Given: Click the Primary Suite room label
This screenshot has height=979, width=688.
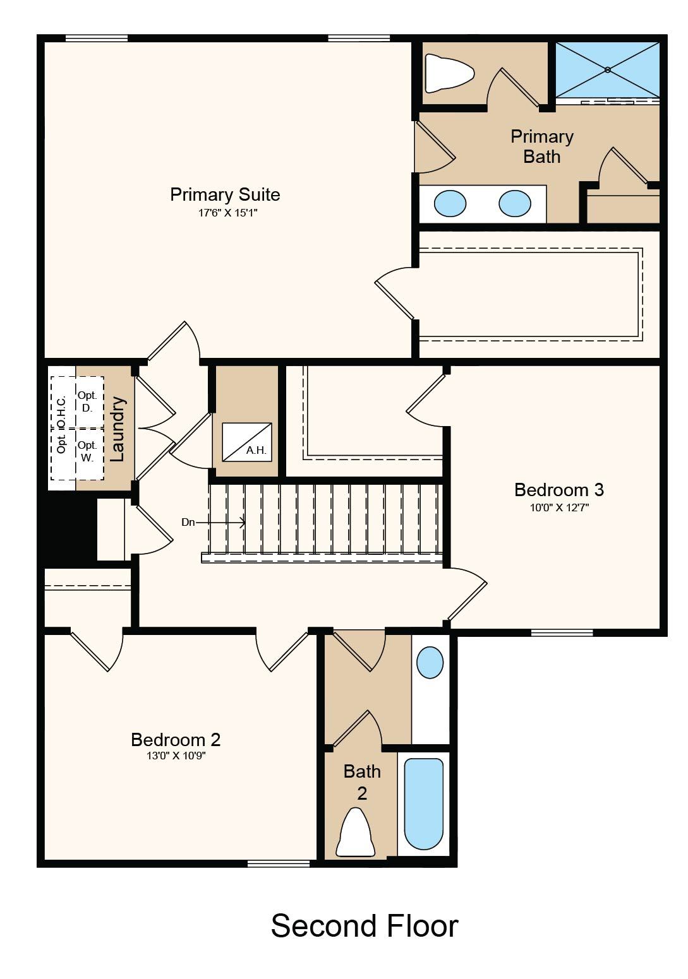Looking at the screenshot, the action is [225, 195].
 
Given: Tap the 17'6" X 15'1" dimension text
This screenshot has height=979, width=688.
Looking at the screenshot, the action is [228, 213].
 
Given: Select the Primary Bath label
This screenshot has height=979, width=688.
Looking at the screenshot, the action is [542, 146].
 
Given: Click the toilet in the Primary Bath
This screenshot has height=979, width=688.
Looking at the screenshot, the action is [450, 73].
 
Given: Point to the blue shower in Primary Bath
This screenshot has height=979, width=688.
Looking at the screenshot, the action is [607, 69].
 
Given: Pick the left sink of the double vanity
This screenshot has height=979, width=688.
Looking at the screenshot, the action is [450, 203].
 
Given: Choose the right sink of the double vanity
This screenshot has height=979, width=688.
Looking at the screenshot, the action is [515, 203].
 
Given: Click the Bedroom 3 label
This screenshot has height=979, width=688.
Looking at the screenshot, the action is [559, 490].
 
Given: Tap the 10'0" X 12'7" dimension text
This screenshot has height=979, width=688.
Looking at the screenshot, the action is [559, 507].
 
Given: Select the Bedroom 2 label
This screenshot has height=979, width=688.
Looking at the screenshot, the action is [176, 740].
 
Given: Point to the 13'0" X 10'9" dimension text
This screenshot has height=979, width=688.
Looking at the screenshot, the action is [176, 756].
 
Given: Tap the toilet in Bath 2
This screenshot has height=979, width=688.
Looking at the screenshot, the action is [355, 832].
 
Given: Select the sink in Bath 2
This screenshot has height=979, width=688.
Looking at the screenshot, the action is [430, 663].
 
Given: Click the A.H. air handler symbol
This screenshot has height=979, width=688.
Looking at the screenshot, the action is [246, 442].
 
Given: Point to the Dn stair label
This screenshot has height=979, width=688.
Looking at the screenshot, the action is [188, 522].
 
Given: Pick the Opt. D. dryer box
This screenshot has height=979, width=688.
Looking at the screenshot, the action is [90, 403].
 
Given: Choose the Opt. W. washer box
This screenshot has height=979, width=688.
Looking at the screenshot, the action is [90, 454].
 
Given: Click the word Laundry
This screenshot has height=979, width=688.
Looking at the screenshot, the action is [118, 429].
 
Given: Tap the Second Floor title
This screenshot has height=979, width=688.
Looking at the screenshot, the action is [365, 926].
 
